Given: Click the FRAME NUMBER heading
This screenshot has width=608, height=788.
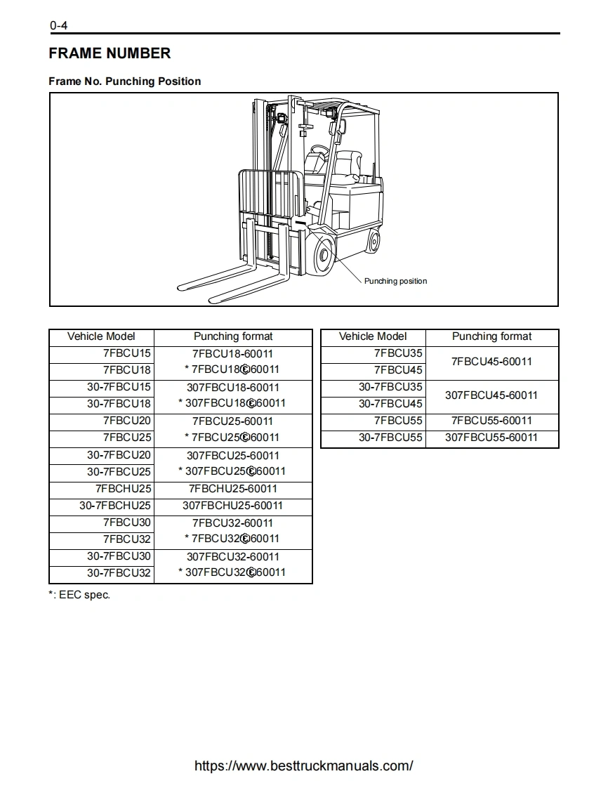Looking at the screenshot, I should point(110,53).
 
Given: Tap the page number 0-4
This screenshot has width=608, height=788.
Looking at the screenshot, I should point(58,27).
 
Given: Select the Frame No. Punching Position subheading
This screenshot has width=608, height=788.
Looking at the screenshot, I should point(124,81).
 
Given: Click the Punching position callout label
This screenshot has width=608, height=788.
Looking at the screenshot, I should point(395,281).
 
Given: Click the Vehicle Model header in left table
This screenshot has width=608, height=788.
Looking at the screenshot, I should point(101,336).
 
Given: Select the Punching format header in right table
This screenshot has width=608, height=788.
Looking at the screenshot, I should point(491,336).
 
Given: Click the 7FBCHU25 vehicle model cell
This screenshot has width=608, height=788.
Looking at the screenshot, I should point(123,489).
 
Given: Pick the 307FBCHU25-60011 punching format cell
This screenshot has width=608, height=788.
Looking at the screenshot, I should point(232,506).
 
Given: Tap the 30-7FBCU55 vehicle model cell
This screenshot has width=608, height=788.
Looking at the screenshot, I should point(390,438).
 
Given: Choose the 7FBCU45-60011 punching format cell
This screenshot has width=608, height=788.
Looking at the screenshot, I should point(491,362).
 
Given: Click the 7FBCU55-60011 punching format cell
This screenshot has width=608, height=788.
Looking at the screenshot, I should point(491,421).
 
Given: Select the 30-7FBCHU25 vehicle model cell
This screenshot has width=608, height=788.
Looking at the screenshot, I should point(114,506).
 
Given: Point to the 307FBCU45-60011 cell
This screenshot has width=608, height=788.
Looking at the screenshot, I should point(491,395).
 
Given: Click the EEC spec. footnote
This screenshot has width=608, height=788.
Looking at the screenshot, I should point(79,595).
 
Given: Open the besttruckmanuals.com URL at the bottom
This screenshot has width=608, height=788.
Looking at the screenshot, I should point(303,766).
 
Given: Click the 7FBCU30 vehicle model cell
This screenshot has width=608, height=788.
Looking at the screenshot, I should point(126,523).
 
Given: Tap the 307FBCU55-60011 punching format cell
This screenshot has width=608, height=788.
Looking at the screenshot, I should point(491,438).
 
